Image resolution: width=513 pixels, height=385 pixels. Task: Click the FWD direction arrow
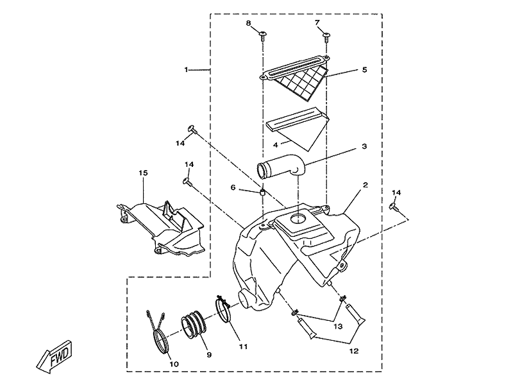(x=54, y=356)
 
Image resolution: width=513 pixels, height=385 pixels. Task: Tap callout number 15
(x=143, y=173)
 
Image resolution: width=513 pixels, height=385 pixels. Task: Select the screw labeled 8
(x=263, y=36)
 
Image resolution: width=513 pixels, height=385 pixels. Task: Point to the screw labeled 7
(x=326, y=37)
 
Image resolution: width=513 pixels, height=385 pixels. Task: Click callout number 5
(x=364, y=70)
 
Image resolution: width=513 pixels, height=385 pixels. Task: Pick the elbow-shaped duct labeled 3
(x=282, y=167)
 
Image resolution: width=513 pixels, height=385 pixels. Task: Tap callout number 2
(x=365, y=185)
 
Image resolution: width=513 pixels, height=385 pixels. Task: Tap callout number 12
(x=354, y=351)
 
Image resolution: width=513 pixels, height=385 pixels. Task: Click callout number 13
(x=338, y=327)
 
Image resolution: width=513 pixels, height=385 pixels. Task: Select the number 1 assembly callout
(x=186, y=70)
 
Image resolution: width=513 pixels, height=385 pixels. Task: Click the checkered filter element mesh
(x=299, y=84)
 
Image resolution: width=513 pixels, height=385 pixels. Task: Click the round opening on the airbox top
(x=298, y=218)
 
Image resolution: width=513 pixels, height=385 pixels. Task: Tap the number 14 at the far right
(x=396, y=193)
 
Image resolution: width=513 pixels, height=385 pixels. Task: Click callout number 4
(x=276, y=145)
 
